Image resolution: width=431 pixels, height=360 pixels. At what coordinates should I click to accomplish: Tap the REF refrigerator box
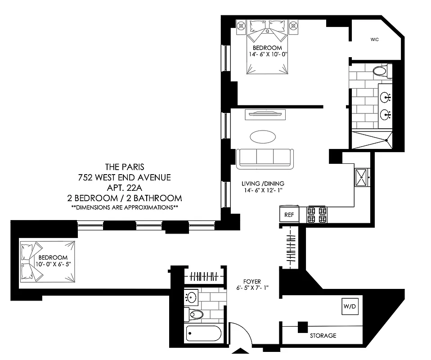click(x=289, y=215)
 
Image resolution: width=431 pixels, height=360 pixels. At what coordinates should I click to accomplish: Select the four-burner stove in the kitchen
click(x=316, y=215)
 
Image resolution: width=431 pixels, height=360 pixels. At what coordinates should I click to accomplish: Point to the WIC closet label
click(x=375, y=40)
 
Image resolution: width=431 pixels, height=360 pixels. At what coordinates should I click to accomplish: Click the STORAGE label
click(x=323, y=336)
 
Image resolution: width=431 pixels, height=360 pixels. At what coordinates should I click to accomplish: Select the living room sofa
click(x=265, y=157)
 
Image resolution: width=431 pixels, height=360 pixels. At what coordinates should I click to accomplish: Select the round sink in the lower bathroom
click(x=193, y=297)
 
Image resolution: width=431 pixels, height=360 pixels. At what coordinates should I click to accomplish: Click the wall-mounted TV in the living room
click(x=264, y=114)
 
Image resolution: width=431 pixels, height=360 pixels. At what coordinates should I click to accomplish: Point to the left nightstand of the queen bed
click(x=241, y=26)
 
